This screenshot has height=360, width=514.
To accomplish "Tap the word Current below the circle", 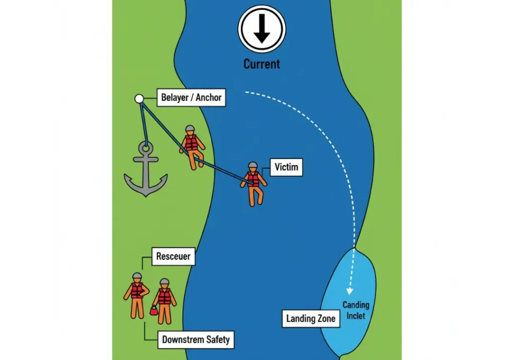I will coord(262,64).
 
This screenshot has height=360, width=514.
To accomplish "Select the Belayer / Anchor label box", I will coord(191,97).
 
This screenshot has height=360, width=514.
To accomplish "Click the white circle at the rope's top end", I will coord(139,98).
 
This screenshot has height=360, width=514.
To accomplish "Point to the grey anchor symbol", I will coord(146,171).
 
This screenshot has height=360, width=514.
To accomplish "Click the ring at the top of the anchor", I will coord(146,148).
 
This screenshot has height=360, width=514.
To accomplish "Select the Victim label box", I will coord(286,167).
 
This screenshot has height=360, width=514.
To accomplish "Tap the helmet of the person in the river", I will coord(253,166).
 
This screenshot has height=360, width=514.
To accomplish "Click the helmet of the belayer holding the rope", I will coord(190,129).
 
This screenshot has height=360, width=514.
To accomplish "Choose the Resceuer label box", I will coord(173,257).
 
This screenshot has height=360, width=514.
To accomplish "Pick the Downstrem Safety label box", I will coord(196,339).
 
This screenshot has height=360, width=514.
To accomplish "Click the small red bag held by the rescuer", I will coord(154,311).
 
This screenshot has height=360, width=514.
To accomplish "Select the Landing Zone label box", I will coord(310,318).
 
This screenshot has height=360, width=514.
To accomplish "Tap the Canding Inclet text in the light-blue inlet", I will coord(356,310).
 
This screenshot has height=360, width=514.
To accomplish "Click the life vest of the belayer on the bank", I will coord(191,142).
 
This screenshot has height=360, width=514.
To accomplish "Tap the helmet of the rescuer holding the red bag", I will coord(164,282).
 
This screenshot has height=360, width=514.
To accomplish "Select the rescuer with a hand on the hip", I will coord(137,296).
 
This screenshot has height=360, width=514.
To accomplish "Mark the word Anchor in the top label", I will coord(208,97).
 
